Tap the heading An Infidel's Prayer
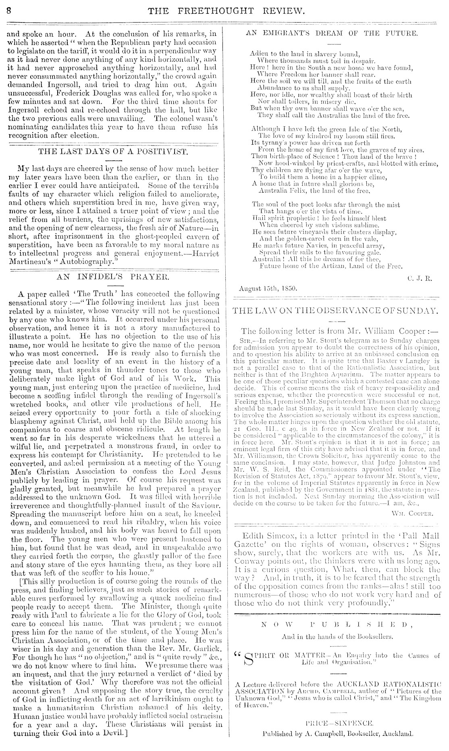(x=113, y=277)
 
